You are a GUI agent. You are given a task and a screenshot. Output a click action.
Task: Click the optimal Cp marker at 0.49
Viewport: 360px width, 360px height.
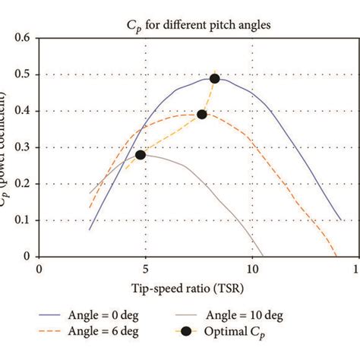(215, 78)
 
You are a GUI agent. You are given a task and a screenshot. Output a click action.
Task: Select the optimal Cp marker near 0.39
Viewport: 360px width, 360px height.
(202, 115)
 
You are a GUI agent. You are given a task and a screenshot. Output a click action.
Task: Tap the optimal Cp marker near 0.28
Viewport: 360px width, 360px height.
(141, 154)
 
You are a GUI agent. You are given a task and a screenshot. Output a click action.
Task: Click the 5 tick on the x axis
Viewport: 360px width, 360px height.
(145, 269)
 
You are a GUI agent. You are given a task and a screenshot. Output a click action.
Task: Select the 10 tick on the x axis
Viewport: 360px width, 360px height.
(251, 269)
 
